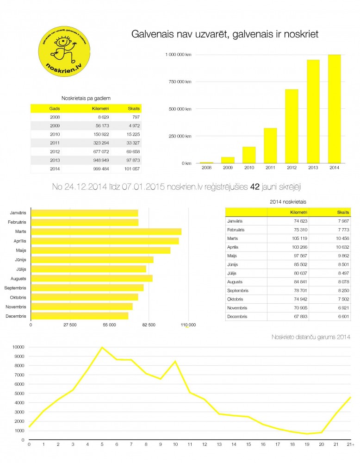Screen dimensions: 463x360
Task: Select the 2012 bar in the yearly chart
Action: pos(292,126)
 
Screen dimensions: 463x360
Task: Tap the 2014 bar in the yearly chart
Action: pos(334,109)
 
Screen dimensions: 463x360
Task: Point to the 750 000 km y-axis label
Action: pos(178,82)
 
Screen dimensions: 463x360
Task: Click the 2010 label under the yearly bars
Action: pos(248,168)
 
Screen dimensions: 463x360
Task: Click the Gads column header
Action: pos(55,108)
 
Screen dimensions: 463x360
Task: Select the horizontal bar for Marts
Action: pos(106,231)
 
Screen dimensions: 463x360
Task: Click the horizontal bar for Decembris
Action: pos(80,316)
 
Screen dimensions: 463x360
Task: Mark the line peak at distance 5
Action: pos(102,347)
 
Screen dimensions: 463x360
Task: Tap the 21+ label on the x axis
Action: pos(350,444)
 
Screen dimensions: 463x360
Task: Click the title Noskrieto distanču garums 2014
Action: pos(310,337)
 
